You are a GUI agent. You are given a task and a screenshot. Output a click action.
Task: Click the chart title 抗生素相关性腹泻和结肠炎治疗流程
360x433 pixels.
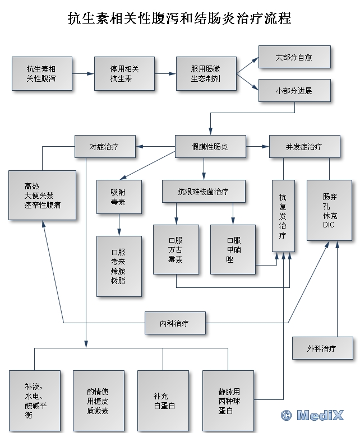click(179, 19)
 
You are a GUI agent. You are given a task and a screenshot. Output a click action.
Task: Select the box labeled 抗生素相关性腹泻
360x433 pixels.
click(42, 73)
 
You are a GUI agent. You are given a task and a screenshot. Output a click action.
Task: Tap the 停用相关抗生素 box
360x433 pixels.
click(124, 73)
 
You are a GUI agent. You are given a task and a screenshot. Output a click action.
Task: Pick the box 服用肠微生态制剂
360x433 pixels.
click(206, 73)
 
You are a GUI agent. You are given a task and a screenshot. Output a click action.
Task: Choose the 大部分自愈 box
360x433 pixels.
click(294, 57)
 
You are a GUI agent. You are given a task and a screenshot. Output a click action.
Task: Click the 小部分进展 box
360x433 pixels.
click(294, 90)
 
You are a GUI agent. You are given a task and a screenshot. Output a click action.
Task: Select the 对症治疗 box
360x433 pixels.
click(105, 147)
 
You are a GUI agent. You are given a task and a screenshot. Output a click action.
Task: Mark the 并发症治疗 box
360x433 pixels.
click(304, 147)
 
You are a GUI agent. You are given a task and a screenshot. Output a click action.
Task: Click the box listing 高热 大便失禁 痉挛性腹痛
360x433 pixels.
click(43, 195)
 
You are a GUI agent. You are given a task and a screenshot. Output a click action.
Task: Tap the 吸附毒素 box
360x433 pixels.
click(118, 197)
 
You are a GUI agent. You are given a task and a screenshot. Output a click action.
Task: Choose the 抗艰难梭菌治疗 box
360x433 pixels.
click(204, 191)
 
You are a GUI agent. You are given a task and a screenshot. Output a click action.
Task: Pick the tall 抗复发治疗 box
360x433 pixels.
click(283, 215)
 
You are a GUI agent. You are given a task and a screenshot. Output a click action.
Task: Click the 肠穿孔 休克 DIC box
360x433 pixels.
click(329, 210)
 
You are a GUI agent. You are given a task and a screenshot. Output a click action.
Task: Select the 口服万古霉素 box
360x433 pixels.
click(176, 249)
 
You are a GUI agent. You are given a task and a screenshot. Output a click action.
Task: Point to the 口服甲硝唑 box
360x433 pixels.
click(233, 249)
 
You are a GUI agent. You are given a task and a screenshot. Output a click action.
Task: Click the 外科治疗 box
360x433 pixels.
click(322, 348)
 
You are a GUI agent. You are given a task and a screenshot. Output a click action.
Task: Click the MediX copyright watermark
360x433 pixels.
click(316, 415)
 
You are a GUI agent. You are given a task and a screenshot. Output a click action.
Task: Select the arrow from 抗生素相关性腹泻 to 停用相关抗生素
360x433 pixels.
click(83, 73)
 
